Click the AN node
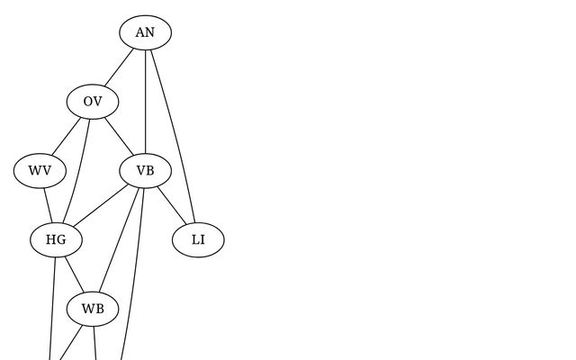pyautogui.click(x=145, y=33)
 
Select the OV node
pyautogui.click(x=93, y=102)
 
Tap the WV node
pyautogui.click(x=40, y=171)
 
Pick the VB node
pyautogui.click(x=145, y=171)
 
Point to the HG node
pyautogui.click(x=56, y=240)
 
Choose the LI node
pyautogui.click(x=198, y=240)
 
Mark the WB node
pyautogui.click(x=93, y=310)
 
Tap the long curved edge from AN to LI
pyautogui.click(x=177, y=135)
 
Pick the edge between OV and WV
pyautogui.click(x=67, y=136)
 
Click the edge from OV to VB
pyautogui.click(x=119, y=136)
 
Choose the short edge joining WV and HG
pyautogui.click(x=48, y=205)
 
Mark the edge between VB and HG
pyautogui.click(x=101, y=205)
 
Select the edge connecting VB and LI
pyautogui.click(x=171, y=205)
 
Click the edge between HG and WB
pyautogui.click(x=74, y=274)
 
